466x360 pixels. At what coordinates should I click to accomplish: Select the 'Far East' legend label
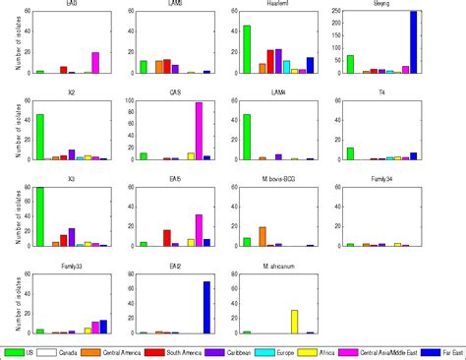coord(443,351)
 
